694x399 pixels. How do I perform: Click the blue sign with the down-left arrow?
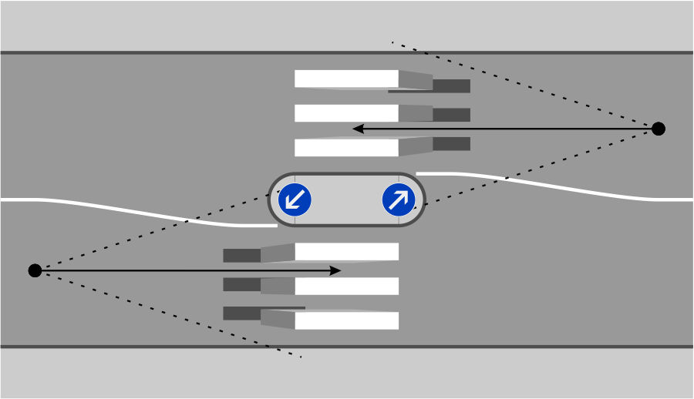pos(294,200)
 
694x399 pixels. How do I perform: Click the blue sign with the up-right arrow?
pos(399,200)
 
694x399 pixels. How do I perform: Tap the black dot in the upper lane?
pos(658,129)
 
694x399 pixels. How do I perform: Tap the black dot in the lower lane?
pos(35,270)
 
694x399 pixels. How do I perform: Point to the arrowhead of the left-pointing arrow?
pos(356,129)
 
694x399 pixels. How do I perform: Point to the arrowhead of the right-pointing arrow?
pos(336,270)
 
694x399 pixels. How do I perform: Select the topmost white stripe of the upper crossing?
pos(346,79)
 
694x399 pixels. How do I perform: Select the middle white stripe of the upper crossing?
pos(346,113)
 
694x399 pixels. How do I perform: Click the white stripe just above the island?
pos(346,147)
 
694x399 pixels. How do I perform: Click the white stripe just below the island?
pos(346,252)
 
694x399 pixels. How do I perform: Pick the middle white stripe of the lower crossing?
pos(346,287)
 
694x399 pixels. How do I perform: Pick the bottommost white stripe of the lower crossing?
pos(346,320)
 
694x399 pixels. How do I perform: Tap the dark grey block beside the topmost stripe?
pos(451,85)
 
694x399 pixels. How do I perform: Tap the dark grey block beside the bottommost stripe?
pos(241,313)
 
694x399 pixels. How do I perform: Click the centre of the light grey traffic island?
pos(346,200)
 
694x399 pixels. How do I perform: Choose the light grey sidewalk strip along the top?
pos(346,25)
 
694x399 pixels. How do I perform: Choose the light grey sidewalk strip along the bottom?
pos(346,374)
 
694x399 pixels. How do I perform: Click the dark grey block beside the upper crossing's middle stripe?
pos(451,115)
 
